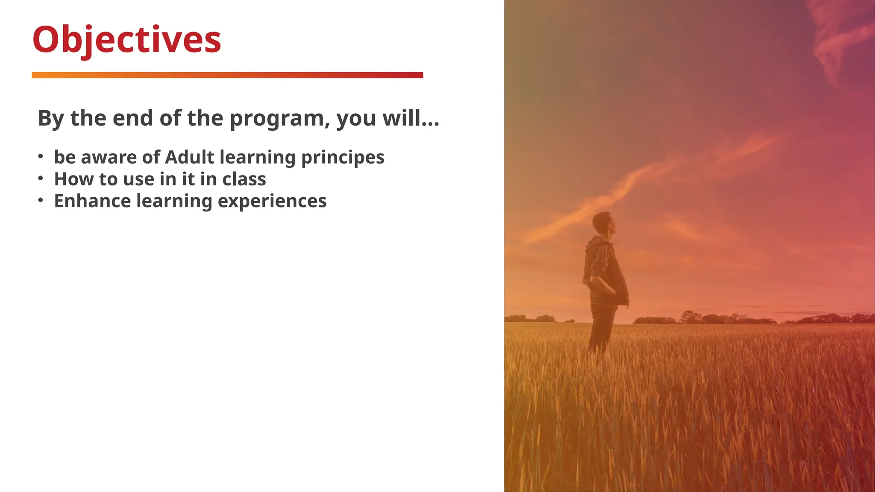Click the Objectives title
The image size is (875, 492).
pos(126,40)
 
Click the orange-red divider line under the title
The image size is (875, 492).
pos(227,75)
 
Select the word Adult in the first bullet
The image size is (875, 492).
pos(189,157)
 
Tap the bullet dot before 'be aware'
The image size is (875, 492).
pos(41,156)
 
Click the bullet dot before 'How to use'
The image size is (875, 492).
pos(41,178)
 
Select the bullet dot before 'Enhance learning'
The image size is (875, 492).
pos(41,200)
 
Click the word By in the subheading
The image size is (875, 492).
pos(51,118)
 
